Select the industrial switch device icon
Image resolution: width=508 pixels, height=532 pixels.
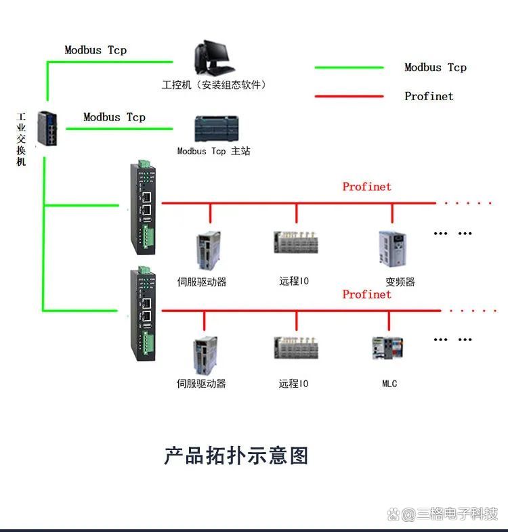(x=49, y=129)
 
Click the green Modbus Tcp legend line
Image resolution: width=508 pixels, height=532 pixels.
(x=349, y=68)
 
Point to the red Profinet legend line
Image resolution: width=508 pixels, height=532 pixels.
(x=349, y=96)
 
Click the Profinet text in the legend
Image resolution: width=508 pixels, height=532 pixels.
(x=429, y=96)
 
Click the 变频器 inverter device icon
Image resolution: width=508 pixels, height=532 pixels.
(x=392, y=249)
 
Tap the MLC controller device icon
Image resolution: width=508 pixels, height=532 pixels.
(x=387, y=349)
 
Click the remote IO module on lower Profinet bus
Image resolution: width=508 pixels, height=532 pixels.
(x=296, y=349)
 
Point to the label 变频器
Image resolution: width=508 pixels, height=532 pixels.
(x=400, y=282)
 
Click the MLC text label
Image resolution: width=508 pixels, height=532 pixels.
(x=389, y=384)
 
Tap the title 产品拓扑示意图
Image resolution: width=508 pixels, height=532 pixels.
(x=236, y=456)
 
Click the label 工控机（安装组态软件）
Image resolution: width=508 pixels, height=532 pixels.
(x=215, y=85)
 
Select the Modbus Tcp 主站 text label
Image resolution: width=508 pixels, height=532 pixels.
(x=213, y=151)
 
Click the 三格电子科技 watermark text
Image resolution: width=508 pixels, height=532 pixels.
(x=458, y=514)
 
